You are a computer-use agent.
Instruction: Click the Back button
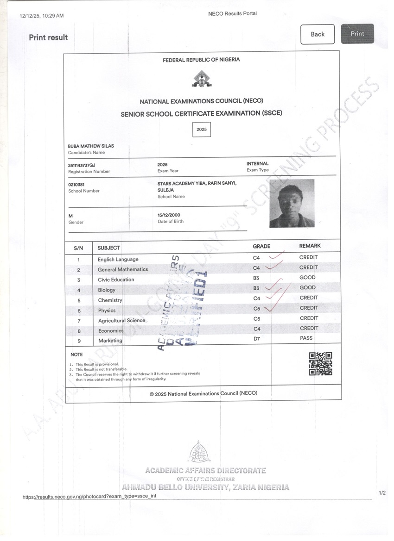[318, 34]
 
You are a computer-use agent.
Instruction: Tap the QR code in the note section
[320, 364]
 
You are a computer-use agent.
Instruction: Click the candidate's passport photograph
[292, 203]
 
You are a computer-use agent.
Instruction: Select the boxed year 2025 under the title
[202, 130]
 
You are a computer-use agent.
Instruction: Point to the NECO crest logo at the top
[201, 79]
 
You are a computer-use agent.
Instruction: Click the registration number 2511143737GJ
[82, 165]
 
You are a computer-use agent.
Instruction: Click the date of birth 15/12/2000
[169, 215]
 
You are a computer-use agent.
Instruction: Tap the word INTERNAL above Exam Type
[257, 164]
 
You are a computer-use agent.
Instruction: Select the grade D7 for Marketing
[257, 339]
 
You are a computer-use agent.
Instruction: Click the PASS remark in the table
[306, 338]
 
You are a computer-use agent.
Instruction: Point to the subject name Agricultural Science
[121, 320]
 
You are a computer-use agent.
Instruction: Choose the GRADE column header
[261, 246]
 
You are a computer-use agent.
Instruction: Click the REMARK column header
[310, 246]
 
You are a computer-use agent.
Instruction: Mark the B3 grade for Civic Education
[256, 278]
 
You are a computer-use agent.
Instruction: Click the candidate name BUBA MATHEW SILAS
[91, 146]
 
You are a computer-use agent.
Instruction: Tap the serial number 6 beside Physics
[79, 311]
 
